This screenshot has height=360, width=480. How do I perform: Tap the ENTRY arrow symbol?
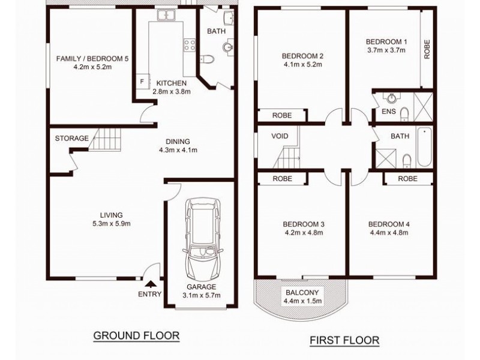149,284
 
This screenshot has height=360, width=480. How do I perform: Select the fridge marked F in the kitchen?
143,82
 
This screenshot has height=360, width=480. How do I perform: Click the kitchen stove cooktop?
190,45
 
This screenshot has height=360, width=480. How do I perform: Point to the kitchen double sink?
166,15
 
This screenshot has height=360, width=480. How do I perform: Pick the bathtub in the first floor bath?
424,148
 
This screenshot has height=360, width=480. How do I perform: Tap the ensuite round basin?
392,98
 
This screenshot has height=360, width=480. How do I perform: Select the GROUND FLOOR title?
136,335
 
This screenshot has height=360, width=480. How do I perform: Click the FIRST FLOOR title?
344,340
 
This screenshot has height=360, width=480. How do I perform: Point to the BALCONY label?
302,292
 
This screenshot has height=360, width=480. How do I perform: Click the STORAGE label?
71,139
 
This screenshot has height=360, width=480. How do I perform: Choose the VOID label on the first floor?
280,136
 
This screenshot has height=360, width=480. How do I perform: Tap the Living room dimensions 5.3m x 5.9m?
112,224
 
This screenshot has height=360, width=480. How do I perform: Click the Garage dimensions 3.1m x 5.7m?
202,295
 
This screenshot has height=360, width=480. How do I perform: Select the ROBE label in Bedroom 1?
427,49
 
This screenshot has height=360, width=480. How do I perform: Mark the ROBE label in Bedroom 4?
407,178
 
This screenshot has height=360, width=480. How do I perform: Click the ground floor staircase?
106,140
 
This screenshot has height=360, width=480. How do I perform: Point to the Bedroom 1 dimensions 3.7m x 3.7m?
386,50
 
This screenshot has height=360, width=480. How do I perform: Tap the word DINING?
178,142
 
